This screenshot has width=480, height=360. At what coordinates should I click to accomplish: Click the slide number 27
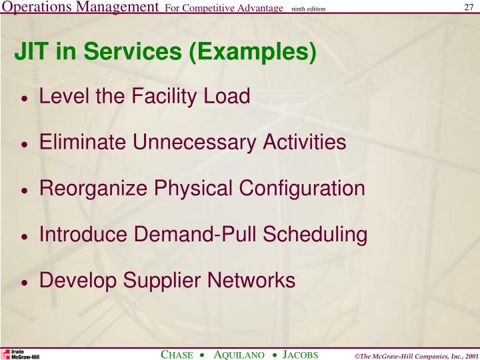[x=468, y=7]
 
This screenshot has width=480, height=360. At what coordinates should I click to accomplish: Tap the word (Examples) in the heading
[x=253, y=52]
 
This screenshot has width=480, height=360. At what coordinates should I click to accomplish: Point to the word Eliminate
[x=82, y=142]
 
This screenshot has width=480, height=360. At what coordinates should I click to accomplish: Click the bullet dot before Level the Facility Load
[x=25, y=99]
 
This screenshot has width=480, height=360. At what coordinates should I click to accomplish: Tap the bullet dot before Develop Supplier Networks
[x=25, y=283]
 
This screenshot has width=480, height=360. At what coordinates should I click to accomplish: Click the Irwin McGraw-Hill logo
[x=20, y=353]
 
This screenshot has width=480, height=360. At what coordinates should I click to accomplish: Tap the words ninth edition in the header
[x=308, y=8]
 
